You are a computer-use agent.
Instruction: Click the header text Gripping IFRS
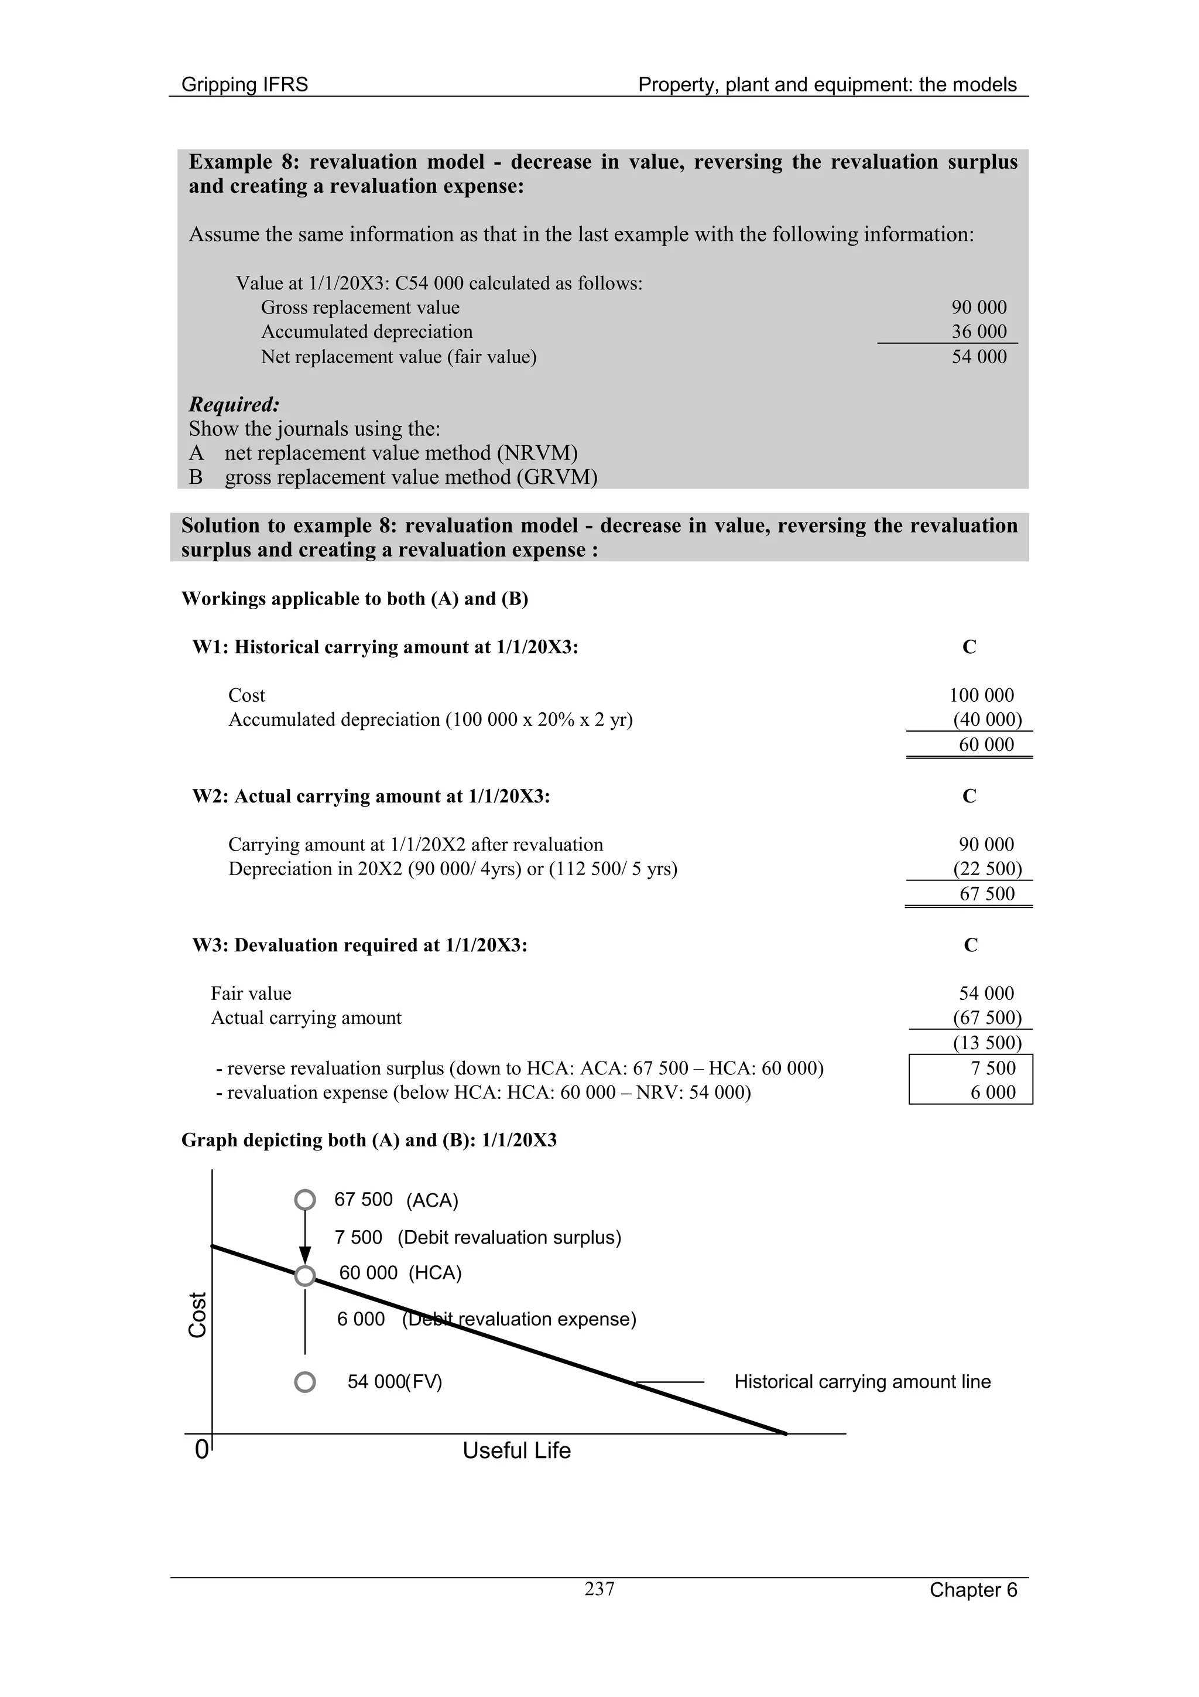(245, 84)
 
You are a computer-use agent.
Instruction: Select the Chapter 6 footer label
(973, 1590)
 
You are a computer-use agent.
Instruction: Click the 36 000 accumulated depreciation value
(979, 332)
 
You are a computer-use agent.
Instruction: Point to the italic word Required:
(234, 404)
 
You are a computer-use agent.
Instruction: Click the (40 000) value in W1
(987, 719)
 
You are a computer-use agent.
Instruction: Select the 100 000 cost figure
(981, 695)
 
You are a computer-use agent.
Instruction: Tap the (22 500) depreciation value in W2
(987, 869)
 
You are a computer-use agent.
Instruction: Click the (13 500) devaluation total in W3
(987, 1043)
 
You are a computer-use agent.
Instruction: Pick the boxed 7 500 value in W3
(993, 1068)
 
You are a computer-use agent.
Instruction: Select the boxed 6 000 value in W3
(993, 1092)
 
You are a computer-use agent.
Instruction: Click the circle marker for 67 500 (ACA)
(305, 1200)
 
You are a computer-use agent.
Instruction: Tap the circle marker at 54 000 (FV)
(305, 1382)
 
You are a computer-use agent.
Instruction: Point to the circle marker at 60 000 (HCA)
(305, 1276)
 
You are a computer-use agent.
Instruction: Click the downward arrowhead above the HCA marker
(305, 1255)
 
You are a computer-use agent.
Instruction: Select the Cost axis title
(197, 1315)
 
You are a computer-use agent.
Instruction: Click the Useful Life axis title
(516, 1450)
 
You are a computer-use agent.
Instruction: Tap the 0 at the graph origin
(201, 1450)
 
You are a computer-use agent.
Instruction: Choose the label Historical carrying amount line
(862, 1382)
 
